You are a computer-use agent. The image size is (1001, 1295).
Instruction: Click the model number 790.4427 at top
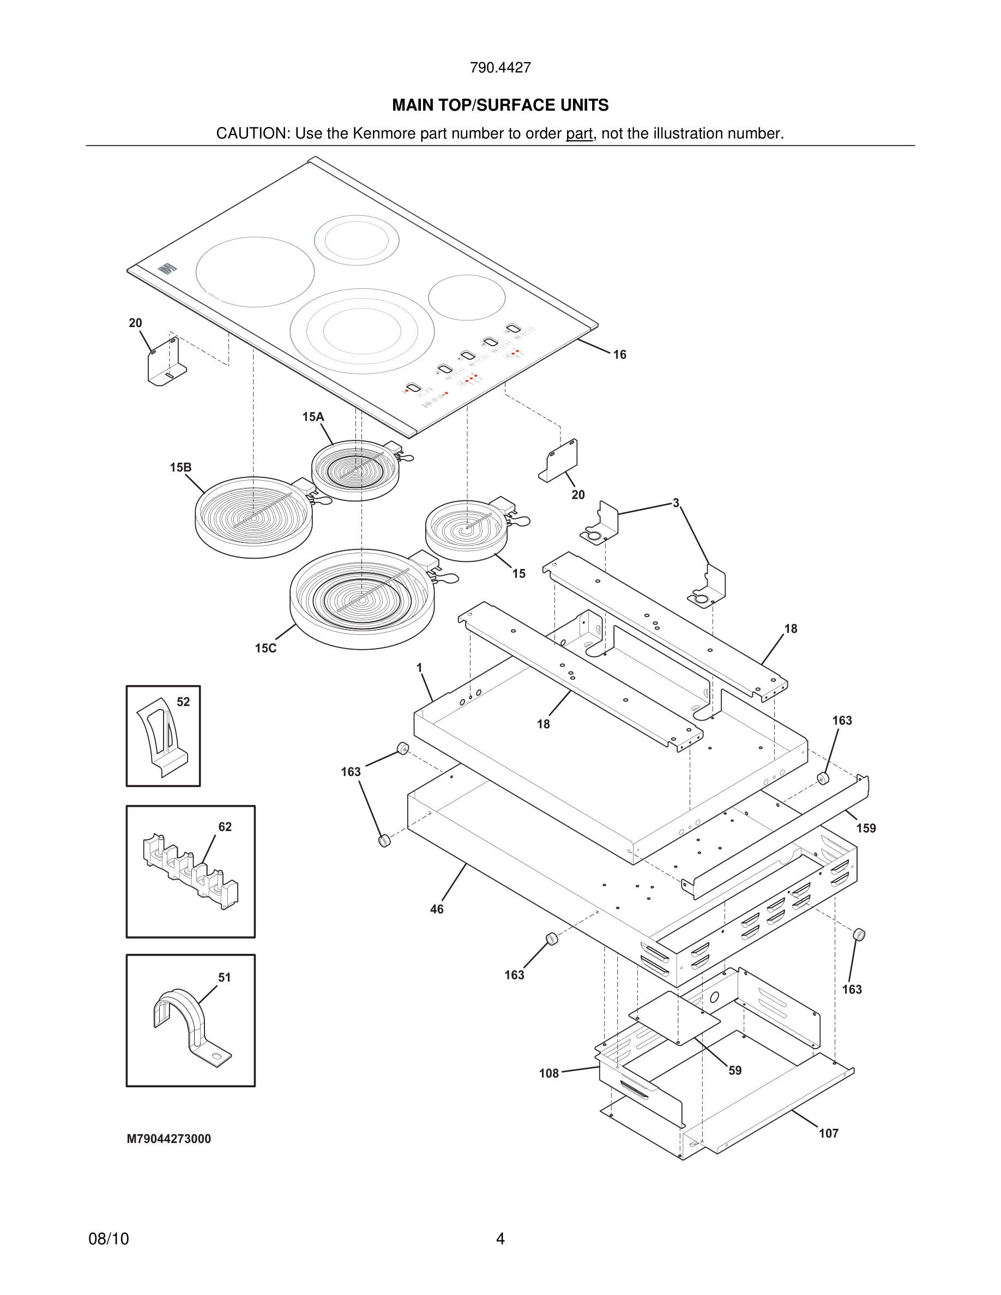(500, 68)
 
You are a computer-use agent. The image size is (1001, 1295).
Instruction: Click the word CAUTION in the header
(251, 134)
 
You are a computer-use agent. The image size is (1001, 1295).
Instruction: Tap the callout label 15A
(313, 417)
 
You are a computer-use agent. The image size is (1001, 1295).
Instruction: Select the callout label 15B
(180, 467)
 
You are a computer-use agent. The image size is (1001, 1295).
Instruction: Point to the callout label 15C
(266, 648)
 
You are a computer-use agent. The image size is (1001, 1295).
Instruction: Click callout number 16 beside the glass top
(620, 355)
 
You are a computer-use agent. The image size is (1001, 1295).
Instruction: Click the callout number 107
(828, 1133)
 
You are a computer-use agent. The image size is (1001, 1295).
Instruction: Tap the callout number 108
(548, 1073)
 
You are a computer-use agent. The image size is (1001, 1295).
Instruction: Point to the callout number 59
(735, 1070)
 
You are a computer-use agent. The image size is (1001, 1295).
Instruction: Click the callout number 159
(866, 828)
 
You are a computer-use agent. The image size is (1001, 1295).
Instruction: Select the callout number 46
(437, 909)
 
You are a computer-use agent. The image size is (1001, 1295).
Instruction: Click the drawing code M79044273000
(169, 1139)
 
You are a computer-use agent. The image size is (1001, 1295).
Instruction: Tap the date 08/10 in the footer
(108, 1239)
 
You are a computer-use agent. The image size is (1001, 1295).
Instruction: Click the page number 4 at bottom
(500, 1239)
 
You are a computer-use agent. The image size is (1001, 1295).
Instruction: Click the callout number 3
(676, 503)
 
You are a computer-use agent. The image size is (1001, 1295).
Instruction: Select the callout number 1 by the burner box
(419, 668)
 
